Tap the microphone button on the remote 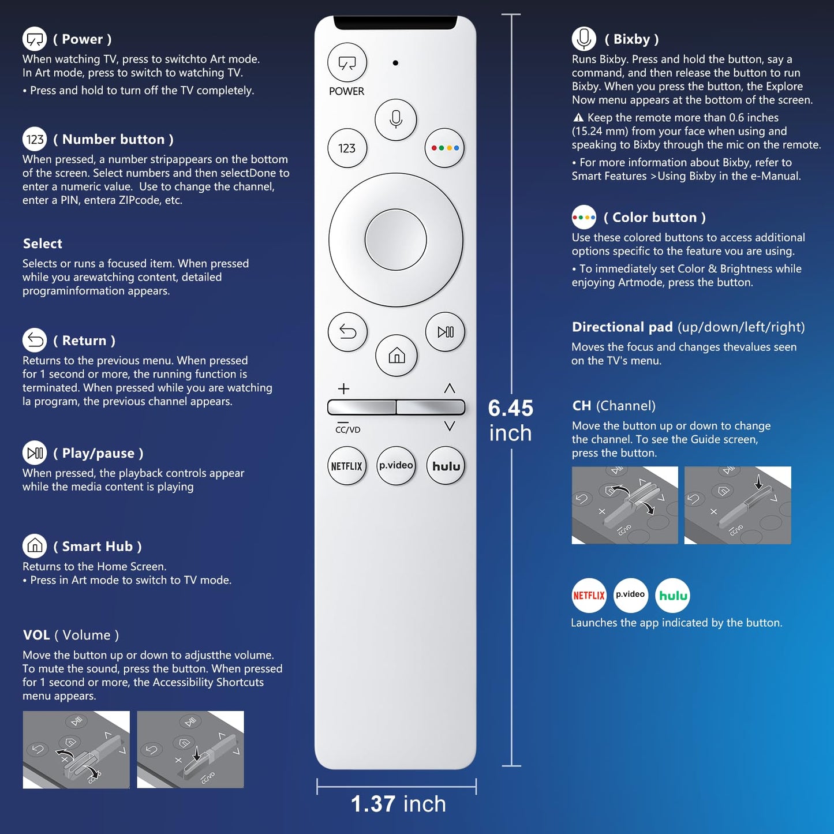pyautogui.click(x=395, y=119)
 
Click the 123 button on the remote pyautogui.click(x=347, y=148)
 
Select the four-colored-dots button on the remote pyautogui.click(x=444, y=148)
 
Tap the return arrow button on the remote pyautogui.click(x=347, y=332)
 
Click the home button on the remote pyautogui.click(x=397, y=356)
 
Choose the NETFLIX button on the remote pyautogui.click(x=347, y=466)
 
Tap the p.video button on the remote pyautogui.click(x=396, y=466)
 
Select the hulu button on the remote pyautogui.click(x=446, y=466)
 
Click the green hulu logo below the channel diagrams pyautogui.click(x=673, y=595)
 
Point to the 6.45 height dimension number pyautogui.click(x=510, y=408)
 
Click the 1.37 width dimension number pyautogui.click(x=373, y=804)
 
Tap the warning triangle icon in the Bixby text pyautogui.click(x=578, y=118)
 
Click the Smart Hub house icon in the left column pyautogui.click(x=35, y=545)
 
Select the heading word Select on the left pyautogui.click(x=43, y=244)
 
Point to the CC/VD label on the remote pyautogui.click(x=347, y=429)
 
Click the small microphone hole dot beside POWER pyautogui.click(x=395, y=63)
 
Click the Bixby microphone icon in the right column pyautogui.click(x=584, y=39)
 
